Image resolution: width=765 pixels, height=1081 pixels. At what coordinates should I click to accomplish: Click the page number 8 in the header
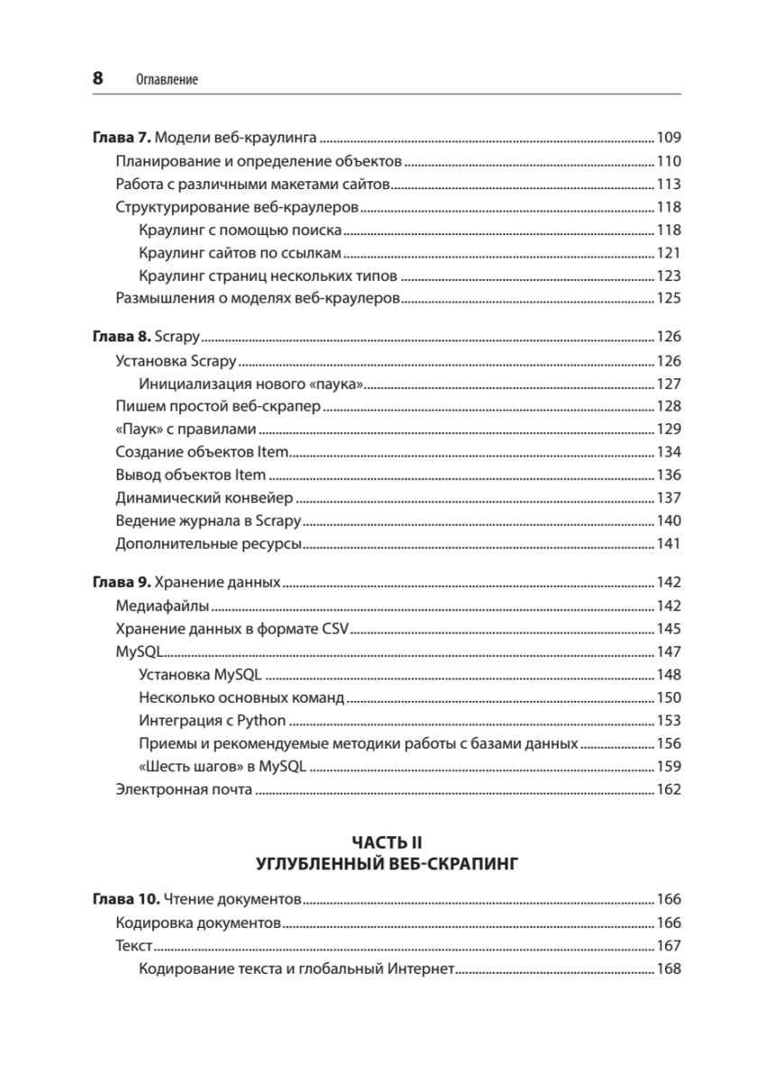[x=98, y=78]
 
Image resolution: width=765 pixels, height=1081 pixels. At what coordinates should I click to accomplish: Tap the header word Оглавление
[x=167, y=80]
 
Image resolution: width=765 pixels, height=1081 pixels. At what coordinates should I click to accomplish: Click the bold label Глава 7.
[x=123, y=138]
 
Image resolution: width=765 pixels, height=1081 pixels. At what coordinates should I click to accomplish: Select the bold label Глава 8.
[x=123, y=338]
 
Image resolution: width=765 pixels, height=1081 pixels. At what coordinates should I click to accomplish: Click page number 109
[x=669, y=138]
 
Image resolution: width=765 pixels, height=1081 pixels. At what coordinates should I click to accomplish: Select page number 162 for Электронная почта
[x=669, y=790]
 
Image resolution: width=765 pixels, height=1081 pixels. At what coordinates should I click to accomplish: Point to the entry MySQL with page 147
[x=138, y=650]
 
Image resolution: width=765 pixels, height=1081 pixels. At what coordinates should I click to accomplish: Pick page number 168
[x=669, y=969]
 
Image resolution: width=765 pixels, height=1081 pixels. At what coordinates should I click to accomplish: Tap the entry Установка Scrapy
[x=176, y=361]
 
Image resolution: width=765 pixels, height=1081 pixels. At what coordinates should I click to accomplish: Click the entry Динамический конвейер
[x=204, y=497]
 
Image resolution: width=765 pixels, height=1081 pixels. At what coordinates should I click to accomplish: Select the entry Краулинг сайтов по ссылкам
[x=241, y=253]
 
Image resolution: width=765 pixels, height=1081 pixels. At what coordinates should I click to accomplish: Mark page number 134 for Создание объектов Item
[x=669, y=451]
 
